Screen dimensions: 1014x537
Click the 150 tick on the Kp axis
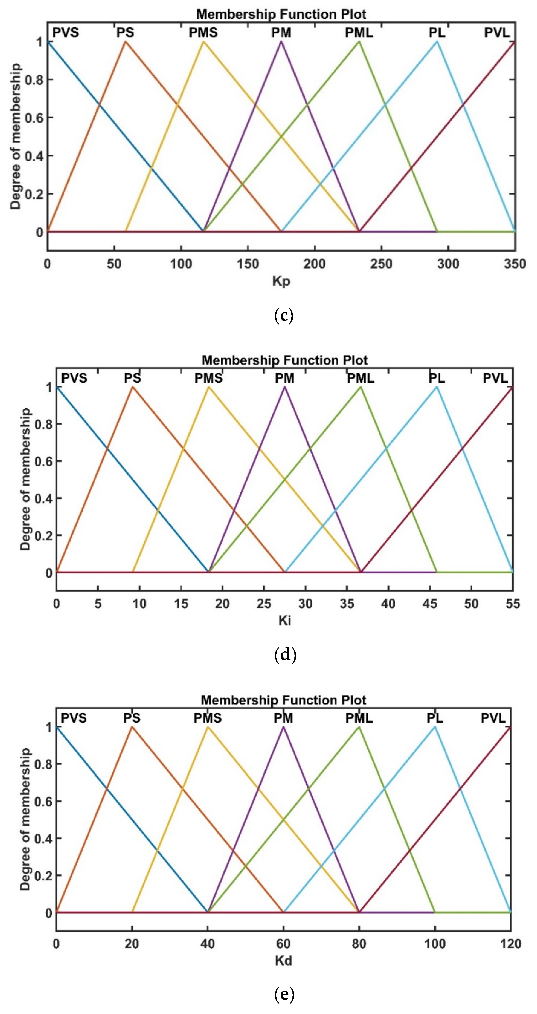248,263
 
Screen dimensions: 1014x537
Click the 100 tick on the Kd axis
435,944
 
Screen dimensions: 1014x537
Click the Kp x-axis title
281,281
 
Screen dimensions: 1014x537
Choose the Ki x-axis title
284,621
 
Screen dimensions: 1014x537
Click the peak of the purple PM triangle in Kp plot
281,41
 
